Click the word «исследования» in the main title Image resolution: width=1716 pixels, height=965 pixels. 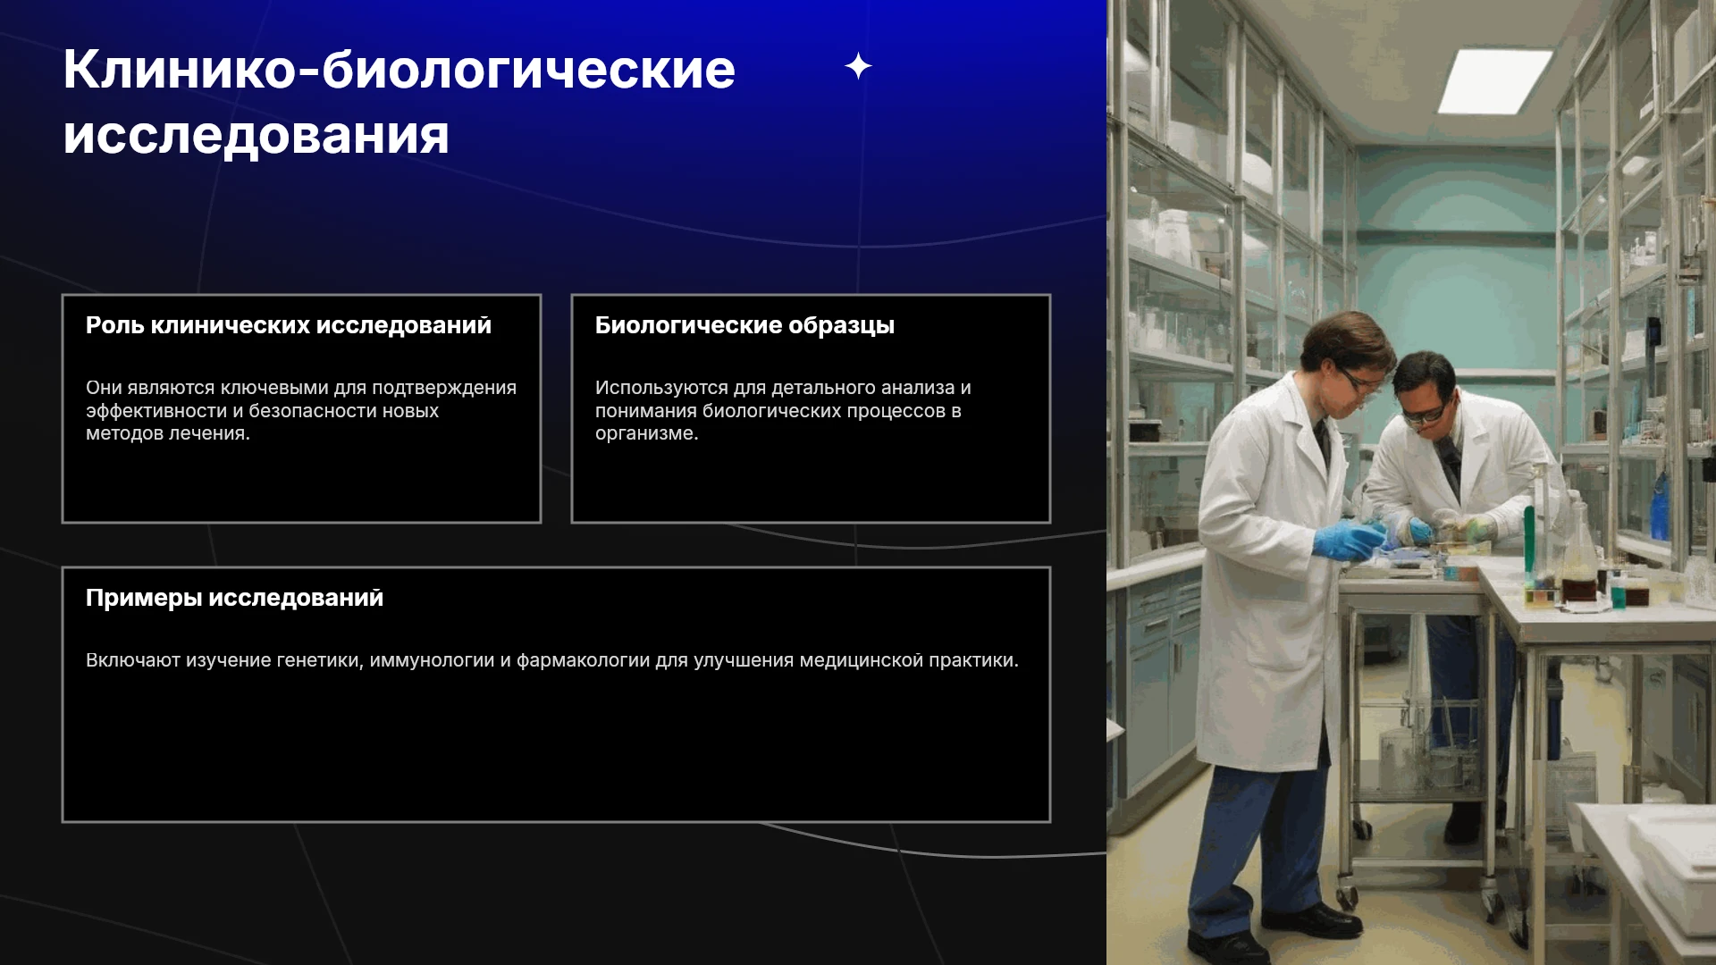point(256,136)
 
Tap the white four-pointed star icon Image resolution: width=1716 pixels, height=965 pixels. point(858,66)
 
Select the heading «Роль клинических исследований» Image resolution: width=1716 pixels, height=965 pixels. point(289,325)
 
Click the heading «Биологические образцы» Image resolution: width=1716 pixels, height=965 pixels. point(744,325)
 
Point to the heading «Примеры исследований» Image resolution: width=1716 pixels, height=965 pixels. point(234,598)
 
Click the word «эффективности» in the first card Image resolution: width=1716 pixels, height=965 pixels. point(156,411)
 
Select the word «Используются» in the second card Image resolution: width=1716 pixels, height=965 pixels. point(661,388)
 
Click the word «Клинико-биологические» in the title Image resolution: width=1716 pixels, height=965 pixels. point(399,70)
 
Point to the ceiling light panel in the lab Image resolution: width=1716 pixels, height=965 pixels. point(1495,80)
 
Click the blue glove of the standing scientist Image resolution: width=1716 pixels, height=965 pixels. point(1349,541)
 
